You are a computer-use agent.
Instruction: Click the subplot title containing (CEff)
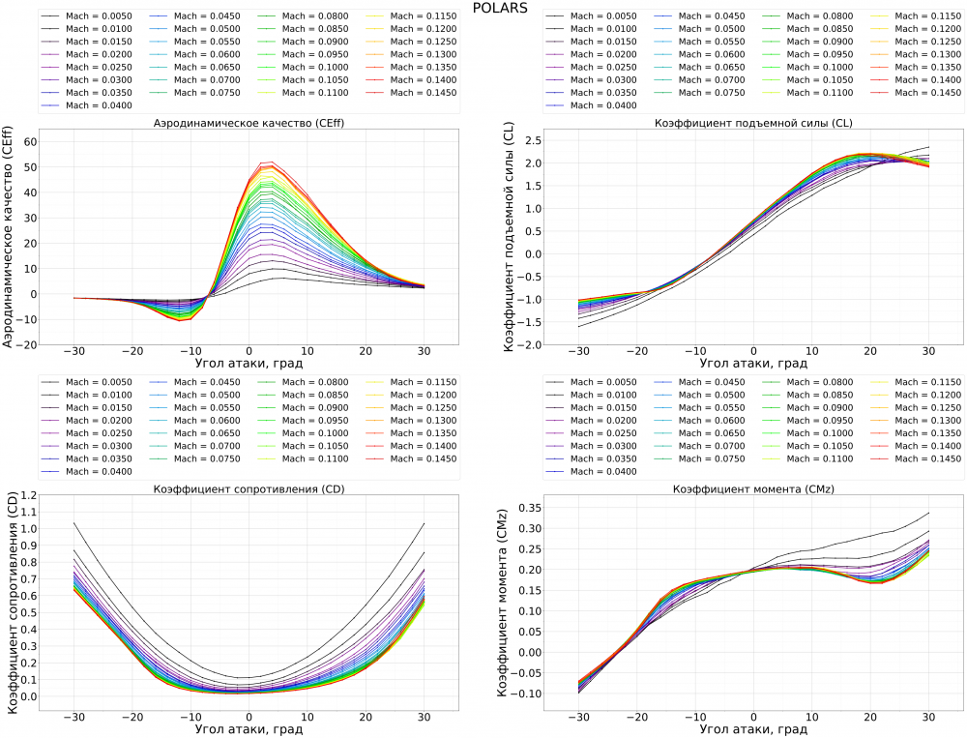249,123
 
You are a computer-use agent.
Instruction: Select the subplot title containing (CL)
752,123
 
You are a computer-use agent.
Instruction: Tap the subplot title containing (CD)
249,489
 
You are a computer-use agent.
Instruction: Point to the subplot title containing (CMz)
752,489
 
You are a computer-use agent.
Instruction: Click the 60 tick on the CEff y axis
30,141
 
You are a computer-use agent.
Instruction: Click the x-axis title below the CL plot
752,364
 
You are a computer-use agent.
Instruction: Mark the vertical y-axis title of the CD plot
11,605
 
